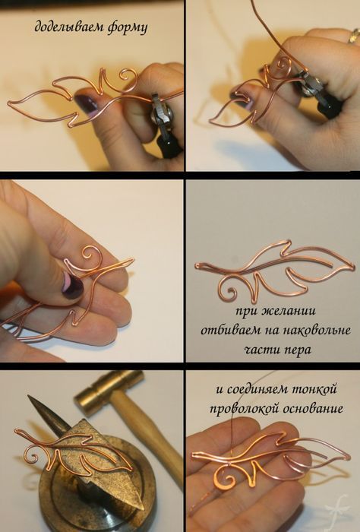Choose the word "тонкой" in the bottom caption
click(317, 388)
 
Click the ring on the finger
click(355, 36)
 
